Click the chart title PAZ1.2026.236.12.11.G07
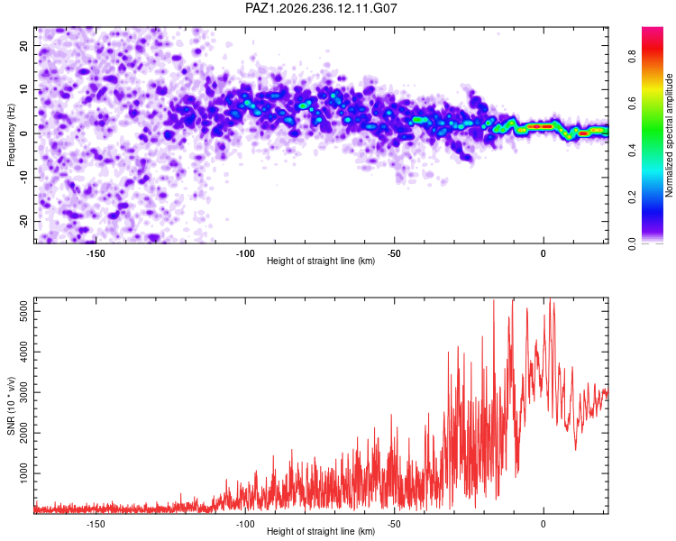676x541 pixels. [321, 8]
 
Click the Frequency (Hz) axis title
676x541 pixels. [11, 135]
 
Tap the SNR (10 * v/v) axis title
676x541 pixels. [11, 406]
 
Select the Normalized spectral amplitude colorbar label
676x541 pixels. [669, 135]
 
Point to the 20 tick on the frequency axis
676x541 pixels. [23, 45]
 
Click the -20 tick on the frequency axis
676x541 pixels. [23, 221]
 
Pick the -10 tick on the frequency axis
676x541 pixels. [23, 178]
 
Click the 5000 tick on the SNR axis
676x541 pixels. [23, 311]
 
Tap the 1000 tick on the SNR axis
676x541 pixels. [23, 473]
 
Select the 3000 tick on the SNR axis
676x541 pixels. [23, 392]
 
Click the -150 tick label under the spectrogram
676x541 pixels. [96, 253]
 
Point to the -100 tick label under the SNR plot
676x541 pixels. [245, 524]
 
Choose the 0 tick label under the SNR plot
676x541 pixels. [544, 524]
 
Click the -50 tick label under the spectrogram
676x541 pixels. [394, 253]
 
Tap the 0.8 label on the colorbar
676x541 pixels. [632, 56]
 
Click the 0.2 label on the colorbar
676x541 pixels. [632, 197]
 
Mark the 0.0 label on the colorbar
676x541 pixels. [632, 243]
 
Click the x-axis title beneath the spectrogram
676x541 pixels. [321, 261]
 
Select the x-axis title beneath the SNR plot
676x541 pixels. [321, 531]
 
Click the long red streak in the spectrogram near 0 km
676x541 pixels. [540, 126]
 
